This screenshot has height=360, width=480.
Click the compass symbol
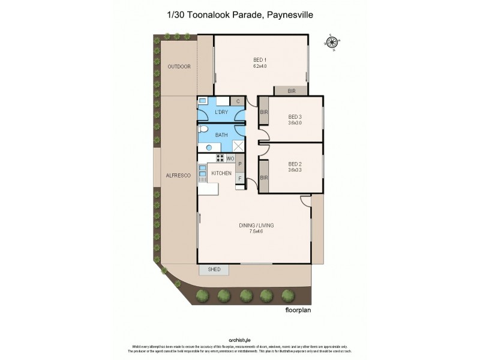point(331,41)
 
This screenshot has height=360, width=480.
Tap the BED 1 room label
point(260,59)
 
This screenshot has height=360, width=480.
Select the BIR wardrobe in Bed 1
point(292,91)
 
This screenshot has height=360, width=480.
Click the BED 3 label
point(295,116)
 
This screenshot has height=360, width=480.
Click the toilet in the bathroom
point(203,130)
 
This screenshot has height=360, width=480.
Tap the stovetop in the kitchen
point(220,158)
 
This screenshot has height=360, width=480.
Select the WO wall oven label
point(230,158)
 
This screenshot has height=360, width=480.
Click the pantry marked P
point(240,163)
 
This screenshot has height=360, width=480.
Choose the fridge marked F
point(240,178)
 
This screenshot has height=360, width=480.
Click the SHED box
point(214,269)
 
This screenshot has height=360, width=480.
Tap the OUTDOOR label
point(179,67)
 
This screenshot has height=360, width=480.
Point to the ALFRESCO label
point(178,175)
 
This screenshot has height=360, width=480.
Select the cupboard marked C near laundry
point(238,101)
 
